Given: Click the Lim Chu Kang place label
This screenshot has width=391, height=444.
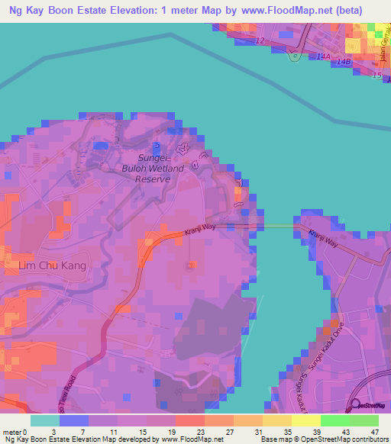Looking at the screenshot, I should pyautogui.click(x=52, y=265).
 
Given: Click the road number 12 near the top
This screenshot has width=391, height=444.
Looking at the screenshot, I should pyautogui.click(x=261, y=40).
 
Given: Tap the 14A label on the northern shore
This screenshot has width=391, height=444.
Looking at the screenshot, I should pyautogui.click(x=324, y=56).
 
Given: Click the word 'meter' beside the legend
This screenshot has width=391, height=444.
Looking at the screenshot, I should pyautogui.click(x=12, y=432).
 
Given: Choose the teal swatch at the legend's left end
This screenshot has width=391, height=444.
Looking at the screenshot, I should pyautogui.click(x=44, y=420).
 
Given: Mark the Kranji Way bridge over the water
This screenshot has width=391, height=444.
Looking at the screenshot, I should pyautogui.click(x=278, y=226).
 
